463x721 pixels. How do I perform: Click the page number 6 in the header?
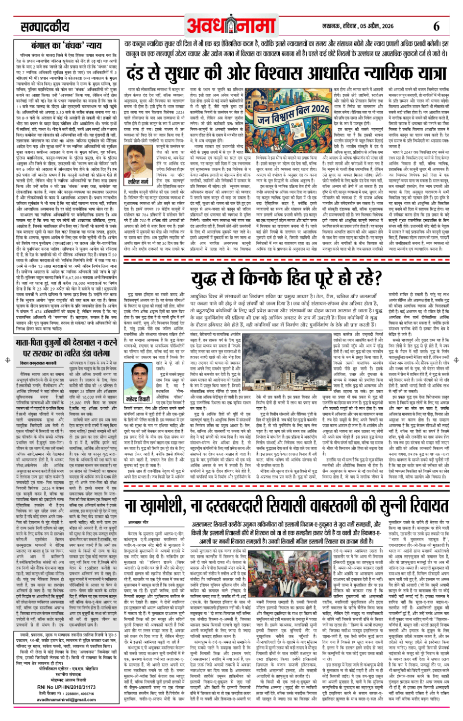[436, 26]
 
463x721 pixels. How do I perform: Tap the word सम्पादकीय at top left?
[45, 27]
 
